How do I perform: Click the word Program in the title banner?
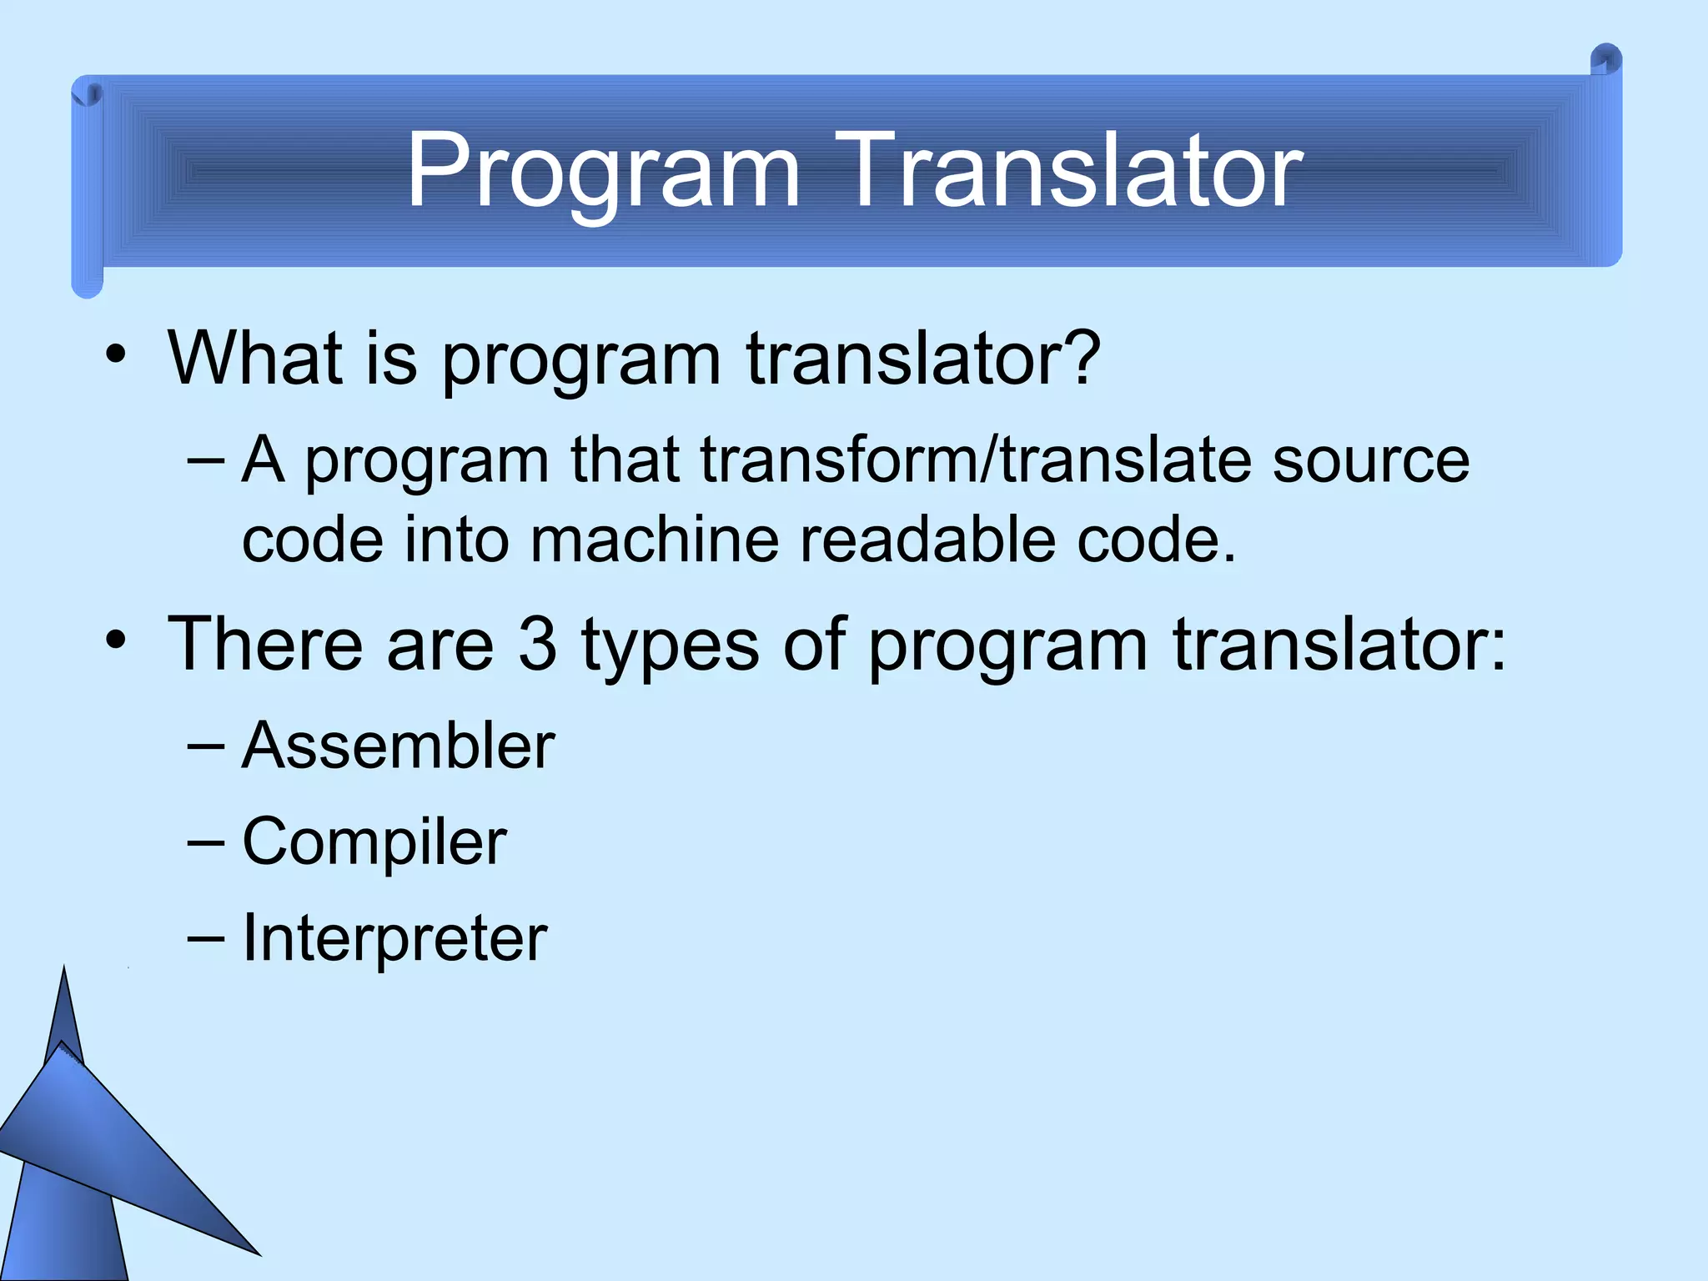click(x=602, y=171)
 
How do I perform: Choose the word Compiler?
click(x=374, y=842)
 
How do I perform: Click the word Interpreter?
click(x=394, y=939)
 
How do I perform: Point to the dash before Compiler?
click(x=206, y=842)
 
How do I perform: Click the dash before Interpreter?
click(x=206, y=938)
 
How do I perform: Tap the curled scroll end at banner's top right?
click(x=1605, y=62)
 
